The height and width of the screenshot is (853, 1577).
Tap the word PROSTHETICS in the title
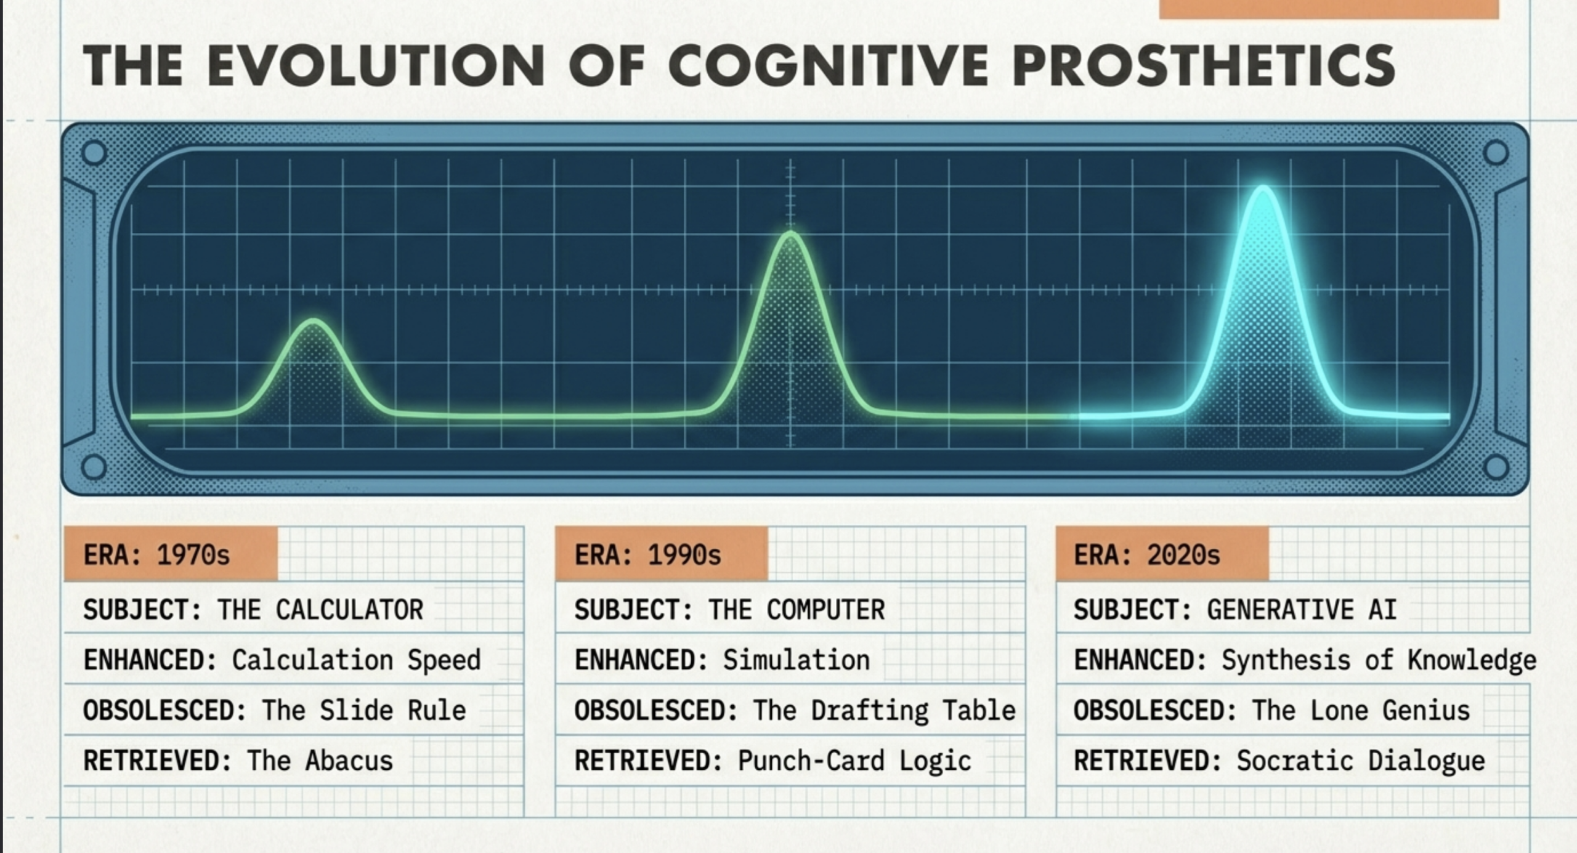(1204, 65)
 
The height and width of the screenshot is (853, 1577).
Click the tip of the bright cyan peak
(1263, 188)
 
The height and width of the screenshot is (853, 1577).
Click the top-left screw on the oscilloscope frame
(94, 153)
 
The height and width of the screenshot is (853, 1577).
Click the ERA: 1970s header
(171, 554)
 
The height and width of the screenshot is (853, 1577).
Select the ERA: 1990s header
(662, 554)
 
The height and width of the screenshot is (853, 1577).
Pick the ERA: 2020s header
(1162, 554)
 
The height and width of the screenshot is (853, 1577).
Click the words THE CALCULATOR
(320, 610)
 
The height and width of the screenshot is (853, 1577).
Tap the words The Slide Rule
(364, 710)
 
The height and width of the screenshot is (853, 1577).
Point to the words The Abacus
(320, 761)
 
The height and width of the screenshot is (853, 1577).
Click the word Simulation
(797, 660)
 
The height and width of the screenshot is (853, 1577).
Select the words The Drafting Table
(884, 711)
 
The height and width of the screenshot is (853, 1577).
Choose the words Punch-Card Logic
(854, 761)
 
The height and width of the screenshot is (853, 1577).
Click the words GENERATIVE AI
(1302, 610)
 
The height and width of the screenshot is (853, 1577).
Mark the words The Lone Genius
(1361, 711)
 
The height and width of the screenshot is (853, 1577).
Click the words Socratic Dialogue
(1361, 761)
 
